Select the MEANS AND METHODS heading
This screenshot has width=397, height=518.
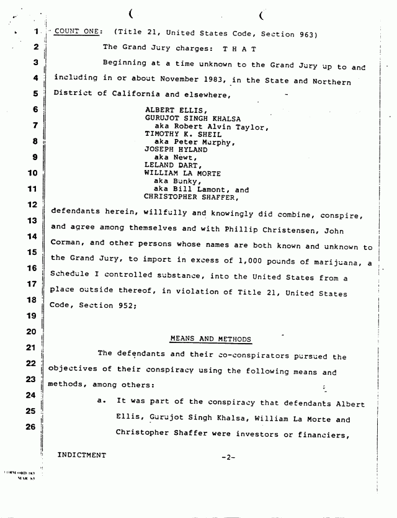tap(210, 339)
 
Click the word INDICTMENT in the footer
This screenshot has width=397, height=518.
tap(82, 455)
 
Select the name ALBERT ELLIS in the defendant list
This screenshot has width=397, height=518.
tap(171, 110)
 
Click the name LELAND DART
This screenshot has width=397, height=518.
tap(169, 166)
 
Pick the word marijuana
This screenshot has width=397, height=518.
tap(334, 257)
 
